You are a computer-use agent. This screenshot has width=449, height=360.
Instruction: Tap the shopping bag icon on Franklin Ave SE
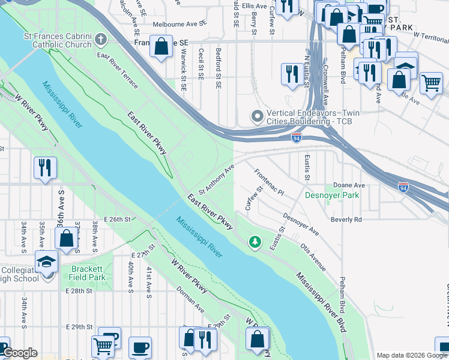click(x=161, y=47)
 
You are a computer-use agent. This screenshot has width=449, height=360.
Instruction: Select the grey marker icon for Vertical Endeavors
click(x=257, y=116)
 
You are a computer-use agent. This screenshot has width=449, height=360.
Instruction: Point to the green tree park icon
click(x=256, y=241)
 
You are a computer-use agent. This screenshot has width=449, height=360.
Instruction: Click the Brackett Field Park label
click(x=88, y=274)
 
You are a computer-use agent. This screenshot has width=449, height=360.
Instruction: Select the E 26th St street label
click(x=117, y=220)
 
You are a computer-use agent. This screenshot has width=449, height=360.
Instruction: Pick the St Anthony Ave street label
click(x=215, y=180)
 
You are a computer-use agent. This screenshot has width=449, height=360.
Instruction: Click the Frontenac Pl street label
click(x=268, y=182)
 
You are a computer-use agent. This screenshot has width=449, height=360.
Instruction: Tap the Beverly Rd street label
click(x=349, y=220)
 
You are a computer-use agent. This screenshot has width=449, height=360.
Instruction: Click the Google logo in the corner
click(x=20, y=353)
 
